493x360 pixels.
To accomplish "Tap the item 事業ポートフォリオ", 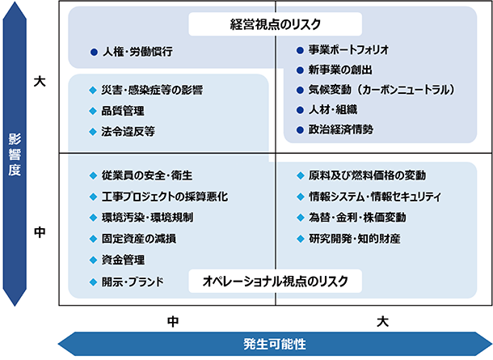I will point(348,49).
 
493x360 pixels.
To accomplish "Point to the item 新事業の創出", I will point(336,70).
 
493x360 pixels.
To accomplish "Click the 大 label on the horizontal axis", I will point(382,321).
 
